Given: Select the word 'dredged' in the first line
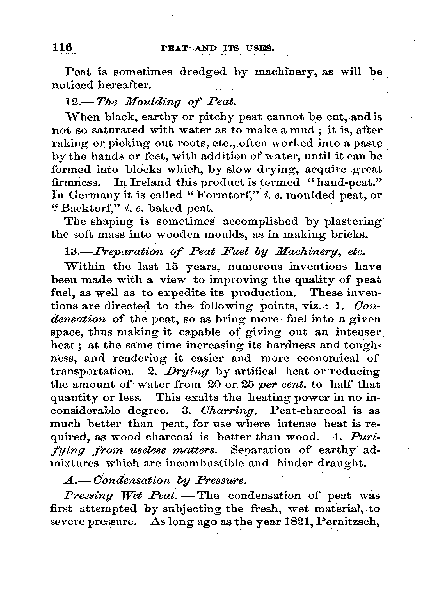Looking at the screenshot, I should (x=203, y=72).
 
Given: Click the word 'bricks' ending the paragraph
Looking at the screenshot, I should (x=349, y=235).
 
